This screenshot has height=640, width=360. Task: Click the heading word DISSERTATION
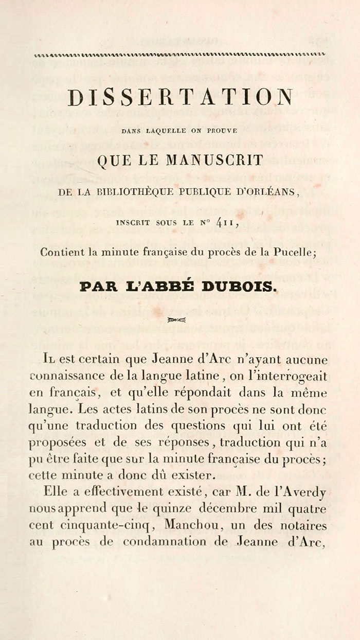[x=180, y=98]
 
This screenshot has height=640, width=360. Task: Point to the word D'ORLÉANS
[x=272, y=192]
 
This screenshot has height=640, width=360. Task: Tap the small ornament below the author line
[x=176, y=320]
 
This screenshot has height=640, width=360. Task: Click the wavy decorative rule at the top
[x=179, y=55]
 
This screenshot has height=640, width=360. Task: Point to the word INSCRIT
[x=134, y=223]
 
